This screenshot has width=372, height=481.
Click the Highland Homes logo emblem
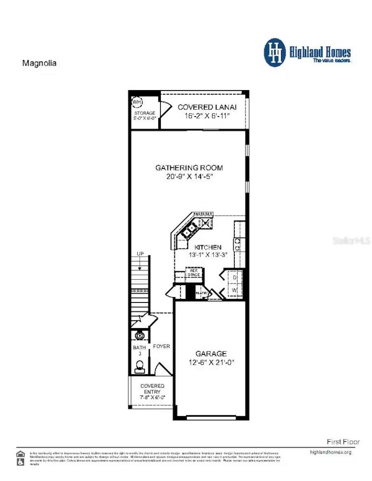pos(275,52)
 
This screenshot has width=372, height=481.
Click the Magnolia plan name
pos(39,63)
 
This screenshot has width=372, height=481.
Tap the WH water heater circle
pos(136,101)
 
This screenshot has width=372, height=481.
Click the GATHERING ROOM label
pos(189,168)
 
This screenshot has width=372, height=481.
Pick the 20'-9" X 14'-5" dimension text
pos(189,176)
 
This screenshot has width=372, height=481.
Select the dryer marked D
pos(234,277)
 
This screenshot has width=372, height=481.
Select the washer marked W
pos(234,291)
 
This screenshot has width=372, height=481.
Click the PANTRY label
pos(201,293)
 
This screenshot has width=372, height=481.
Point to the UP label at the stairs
pos(141,253)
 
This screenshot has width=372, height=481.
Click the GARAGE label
pos(211,354)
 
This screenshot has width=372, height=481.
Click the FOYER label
pos(162,346)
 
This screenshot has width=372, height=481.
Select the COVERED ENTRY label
pos(152,389)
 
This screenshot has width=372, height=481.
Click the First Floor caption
pos(343,442)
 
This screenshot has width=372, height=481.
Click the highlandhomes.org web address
pos(330,452)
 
